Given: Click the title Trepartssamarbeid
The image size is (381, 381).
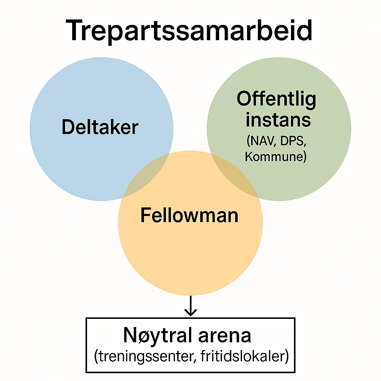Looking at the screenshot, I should pyautogui.click(x=189, y=31).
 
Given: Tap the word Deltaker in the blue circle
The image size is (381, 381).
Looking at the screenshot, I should pyautogui.click(x=100, y=128).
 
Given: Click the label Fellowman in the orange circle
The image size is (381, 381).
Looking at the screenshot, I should pyautogui.click(x=189, y=215).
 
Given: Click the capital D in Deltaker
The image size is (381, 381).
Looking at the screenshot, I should pyautogui.click(x=68, y=128).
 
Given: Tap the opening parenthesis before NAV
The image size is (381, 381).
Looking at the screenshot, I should pyautogui.click(x=248, y=141).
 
